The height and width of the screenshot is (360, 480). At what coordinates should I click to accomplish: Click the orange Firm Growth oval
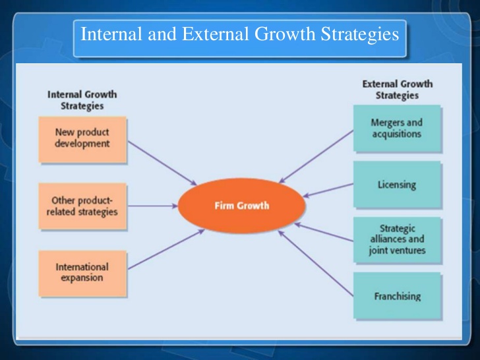pos(242,206)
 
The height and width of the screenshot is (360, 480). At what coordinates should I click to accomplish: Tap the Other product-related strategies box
pos(82,206)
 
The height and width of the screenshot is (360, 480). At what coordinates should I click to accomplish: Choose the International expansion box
pos(82,273)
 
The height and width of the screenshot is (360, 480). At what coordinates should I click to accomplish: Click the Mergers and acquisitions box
pos(396,128)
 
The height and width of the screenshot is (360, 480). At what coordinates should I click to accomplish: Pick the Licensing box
pos(396,185)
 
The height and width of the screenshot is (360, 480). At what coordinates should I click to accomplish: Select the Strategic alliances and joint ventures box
pos(396,240)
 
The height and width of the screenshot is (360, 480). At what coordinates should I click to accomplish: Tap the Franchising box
pos(396,296)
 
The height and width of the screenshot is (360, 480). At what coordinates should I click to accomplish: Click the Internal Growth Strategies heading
pos(82,100)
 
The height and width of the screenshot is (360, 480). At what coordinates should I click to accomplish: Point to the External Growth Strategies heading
pos(397,90)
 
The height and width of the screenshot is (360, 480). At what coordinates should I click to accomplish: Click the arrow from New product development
pos(162,162)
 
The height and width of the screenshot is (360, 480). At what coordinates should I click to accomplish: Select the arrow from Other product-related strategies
pos(152,206)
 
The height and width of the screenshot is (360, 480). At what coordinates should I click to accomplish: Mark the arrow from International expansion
pos(164,250)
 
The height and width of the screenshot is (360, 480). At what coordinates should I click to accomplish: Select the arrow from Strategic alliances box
pos(326,230)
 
